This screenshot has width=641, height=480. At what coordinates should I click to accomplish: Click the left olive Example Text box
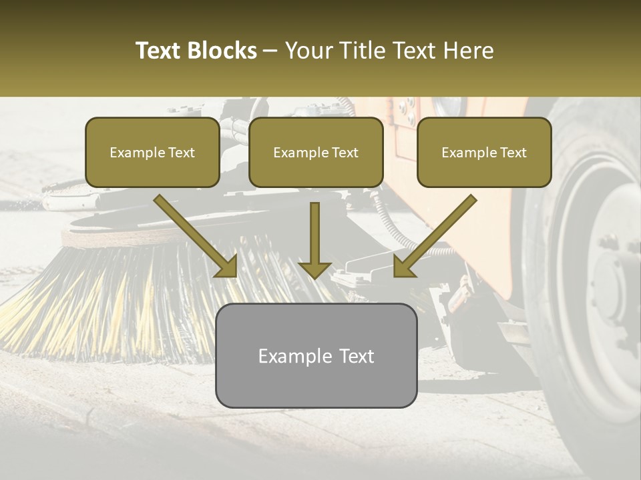click(152, 153)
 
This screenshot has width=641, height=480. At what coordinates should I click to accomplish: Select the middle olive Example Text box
click(316, 153)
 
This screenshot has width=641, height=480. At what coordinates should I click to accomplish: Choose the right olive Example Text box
click(484, 153)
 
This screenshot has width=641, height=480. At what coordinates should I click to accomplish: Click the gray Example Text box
click(316, 355)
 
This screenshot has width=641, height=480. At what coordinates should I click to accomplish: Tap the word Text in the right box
click(513, 153)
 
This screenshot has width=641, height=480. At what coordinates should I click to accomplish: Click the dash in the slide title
click(270, 51)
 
